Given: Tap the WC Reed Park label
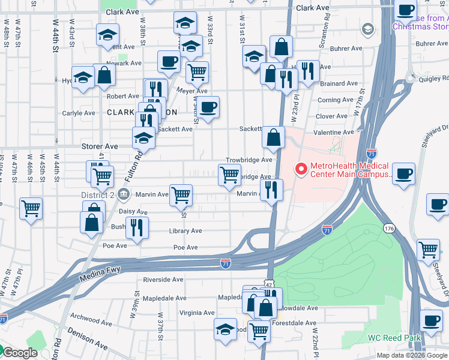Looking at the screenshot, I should (391, 338).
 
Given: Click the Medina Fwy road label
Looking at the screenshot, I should (99, 277).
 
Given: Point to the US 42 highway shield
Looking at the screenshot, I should (270, 284).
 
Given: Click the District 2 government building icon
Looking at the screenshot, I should (124, 194).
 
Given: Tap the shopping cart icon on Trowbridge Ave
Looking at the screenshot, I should (230, 175).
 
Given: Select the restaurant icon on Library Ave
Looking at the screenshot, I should (137, 228).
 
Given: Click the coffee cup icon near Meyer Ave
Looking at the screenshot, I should (208, 108).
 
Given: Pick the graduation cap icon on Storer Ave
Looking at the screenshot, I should (143, 138).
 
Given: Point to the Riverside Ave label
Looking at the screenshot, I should (163, 280).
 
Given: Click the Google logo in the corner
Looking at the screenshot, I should (19, 353).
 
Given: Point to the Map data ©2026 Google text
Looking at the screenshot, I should (411, 355).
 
